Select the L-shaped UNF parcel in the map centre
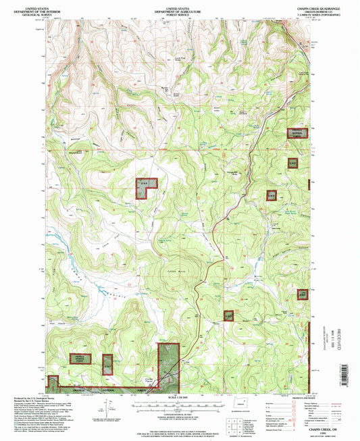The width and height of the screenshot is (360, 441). click(x=144, y=187)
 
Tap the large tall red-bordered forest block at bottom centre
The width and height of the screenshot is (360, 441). click(x=168, y=364)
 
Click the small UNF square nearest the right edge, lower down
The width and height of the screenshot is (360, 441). click(x=303, y=294)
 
